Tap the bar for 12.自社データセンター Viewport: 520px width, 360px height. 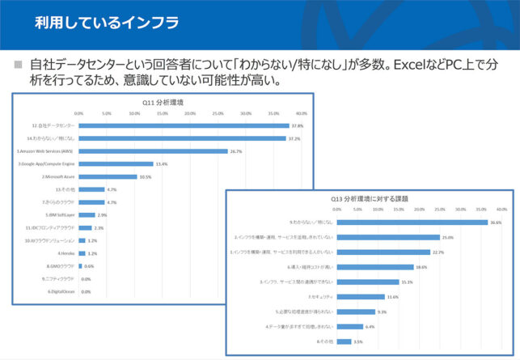coord(184,126)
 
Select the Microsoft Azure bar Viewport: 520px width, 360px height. coord(108,176)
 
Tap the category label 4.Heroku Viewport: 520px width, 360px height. coord(66,253)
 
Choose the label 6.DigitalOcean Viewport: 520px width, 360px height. coord(61,291)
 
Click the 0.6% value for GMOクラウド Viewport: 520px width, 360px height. coord(90,266)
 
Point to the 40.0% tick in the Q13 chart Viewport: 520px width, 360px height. coord(501,209)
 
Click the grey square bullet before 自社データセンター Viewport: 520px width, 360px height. coord(19,63)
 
